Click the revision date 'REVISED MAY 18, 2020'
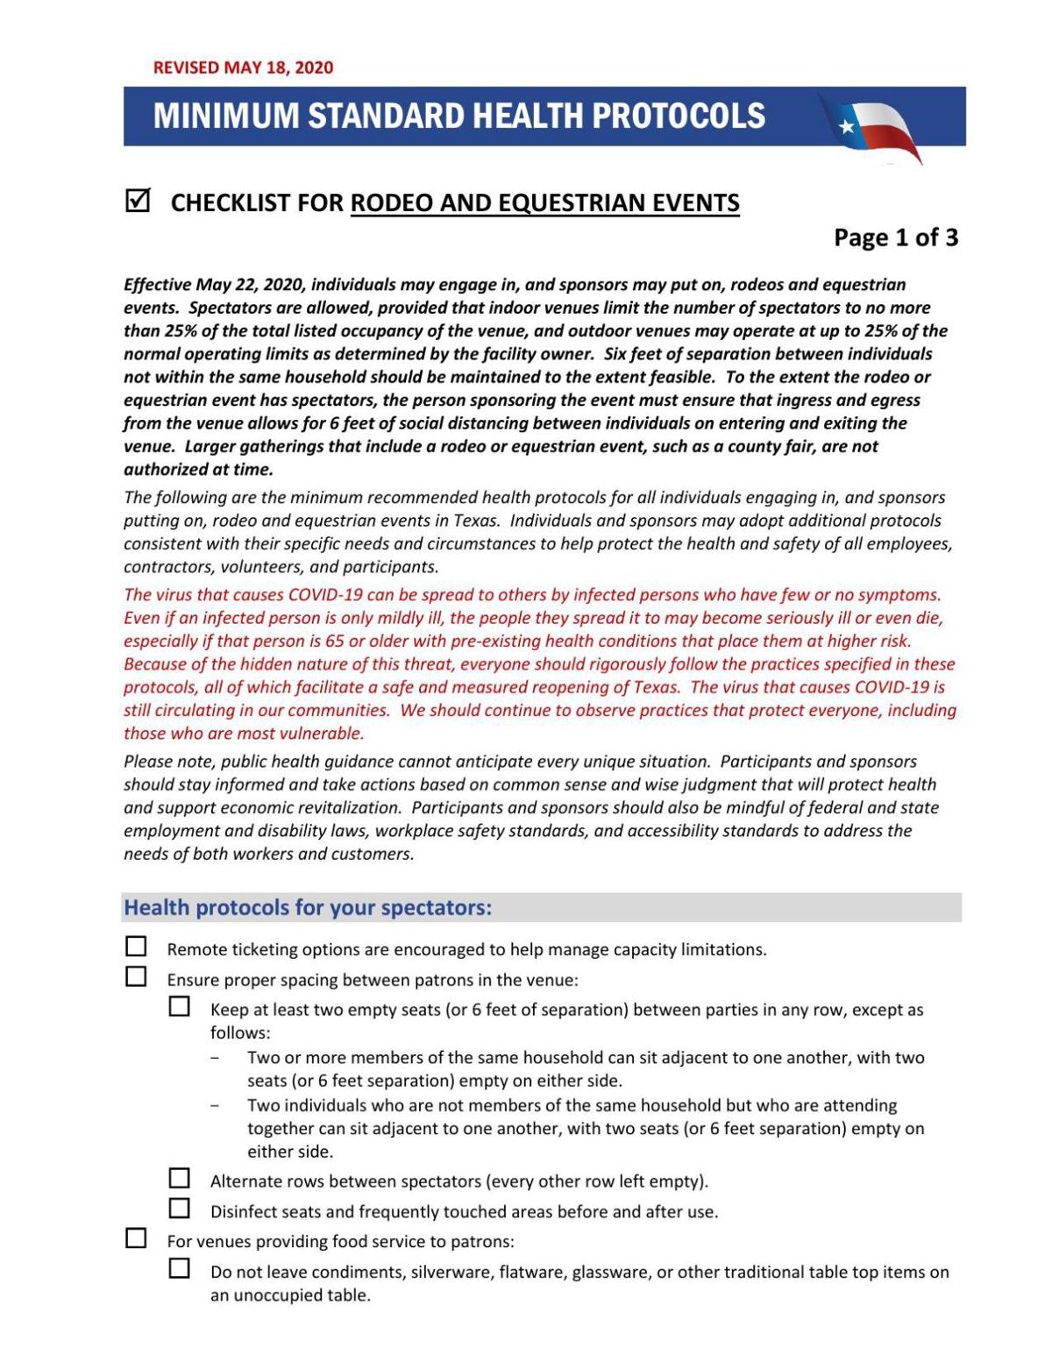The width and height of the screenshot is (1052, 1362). tap(243, 67)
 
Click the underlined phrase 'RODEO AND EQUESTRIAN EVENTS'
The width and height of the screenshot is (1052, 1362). tap(544, 203)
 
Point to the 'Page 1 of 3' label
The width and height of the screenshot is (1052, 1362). tap(895, 238)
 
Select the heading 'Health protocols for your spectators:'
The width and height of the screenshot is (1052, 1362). tap(308, 907)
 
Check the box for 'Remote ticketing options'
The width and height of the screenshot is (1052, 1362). tap(136, 947)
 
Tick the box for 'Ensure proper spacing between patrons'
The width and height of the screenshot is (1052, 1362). tap(136, 976)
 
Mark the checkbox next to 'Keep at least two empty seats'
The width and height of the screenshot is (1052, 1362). tap(180, 1006)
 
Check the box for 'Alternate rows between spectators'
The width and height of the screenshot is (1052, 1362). tap(180, 1178)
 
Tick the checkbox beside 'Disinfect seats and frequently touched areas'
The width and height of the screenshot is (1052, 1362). tap(180, 1209)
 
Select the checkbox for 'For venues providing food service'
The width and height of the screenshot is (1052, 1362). tap(136, 1238)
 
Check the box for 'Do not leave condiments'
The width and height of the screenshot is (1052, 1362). tap(180, 1268)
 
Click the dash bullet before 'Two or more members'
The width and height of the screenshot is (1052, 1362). tap(215, 1058)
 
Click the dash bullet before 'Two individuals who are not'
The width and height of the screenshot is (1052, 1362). tap(215, 1106)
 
